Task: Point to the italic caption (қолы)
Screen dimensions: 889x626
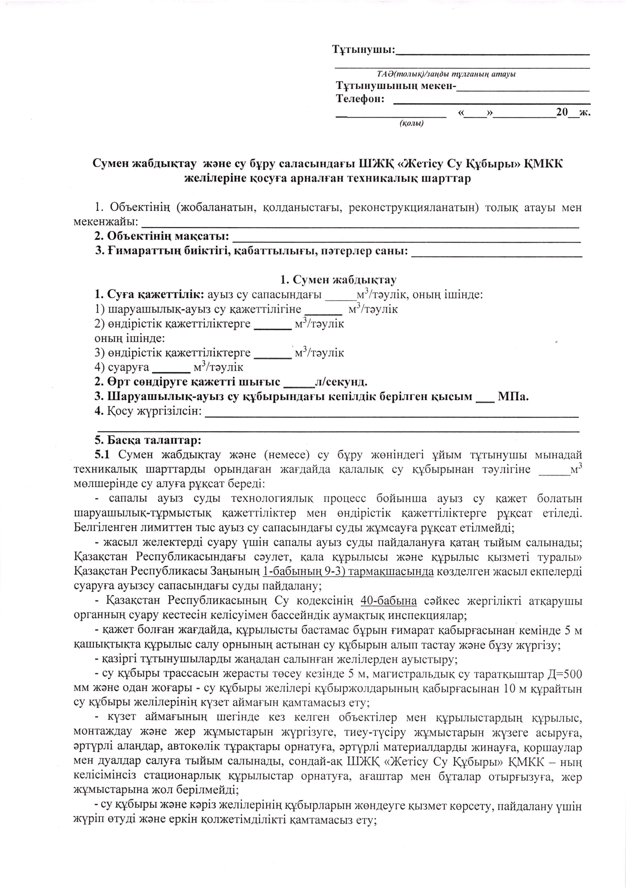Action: point(411,123)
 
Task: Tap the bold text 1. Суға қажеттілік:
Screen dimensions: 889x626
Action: point(150,295)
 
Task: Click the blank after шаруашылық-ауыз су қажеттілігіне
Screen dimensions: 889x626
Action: point(323,309)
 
